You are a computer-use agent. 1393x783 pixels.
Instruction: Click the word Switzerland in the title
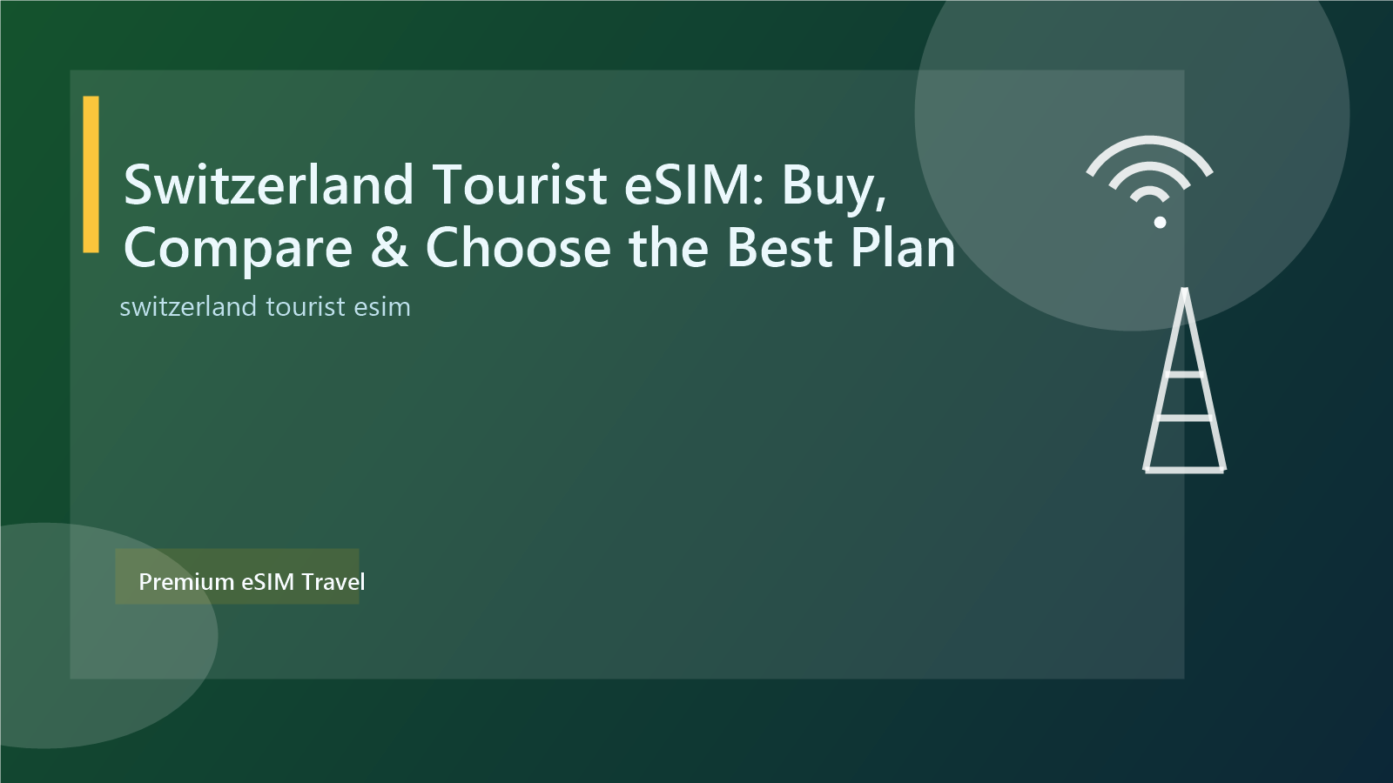tap(268, 184)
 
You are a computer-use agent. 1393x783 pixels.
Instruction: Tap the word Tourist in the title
tap(519, 184)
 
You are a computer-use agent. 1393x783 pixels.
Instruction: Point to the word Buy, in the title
tap(834, 186)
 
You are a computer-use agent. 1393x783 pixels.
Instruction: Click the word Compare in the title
tap(238, 249)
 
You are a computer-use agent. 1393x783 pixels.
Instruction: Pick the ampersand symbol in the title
tap(389, 248)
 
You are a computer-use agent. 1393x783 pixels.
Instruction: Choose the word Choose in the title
tap(518, 248)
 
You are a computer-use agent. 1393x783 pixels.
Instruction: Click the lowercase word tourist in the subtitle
tap(306, 307)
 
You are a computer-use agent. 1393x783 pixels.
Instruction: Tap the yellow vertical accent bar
tap(91, 174)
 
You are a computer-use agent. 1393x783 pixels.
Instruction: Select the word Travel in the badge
tap(333, 581)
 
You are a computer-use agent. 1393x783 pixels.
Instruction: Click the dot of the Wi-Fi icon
tap(1160, 222)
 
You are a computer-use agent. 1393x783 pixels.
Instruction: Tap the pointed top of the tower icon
tap(1184, 291)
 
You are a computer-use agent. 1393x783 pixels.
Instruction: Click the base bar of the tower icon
tap(1184, 470)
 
